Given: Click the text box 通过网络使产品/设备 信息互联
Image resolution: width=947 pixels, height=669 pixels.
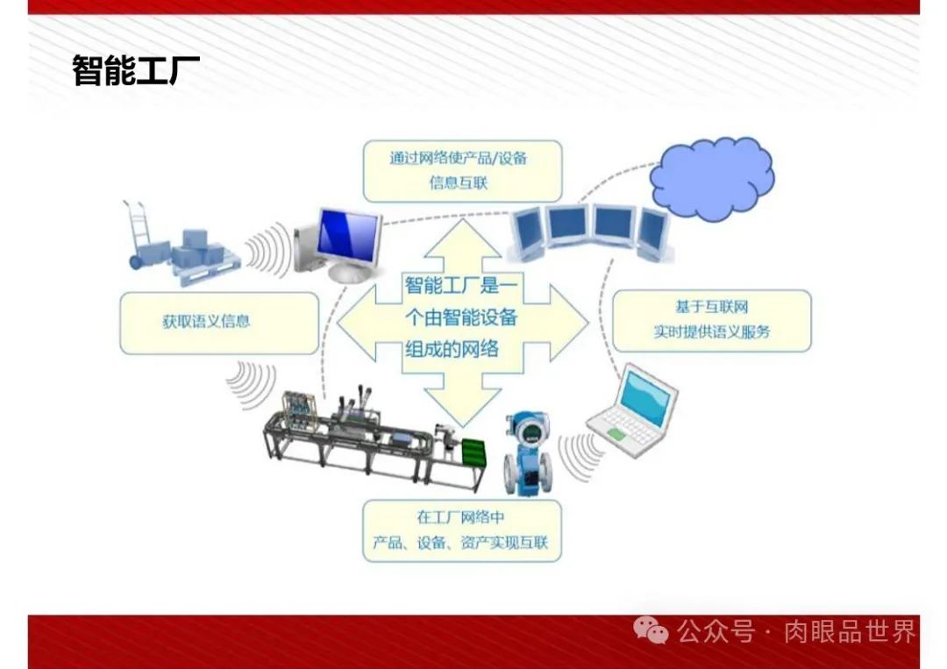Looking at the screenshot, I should [462, 170].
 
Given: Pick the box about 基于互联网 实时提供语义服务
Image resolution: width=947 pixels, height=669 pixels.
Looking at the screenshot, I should [711, 320].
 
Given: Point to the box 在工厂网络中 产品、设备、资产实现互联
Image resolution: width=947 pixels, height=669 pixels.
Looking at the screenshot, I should [461, 530].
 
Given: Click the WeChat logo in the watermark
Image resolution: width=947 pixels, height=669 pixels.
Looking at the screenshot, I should [652, 630].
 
